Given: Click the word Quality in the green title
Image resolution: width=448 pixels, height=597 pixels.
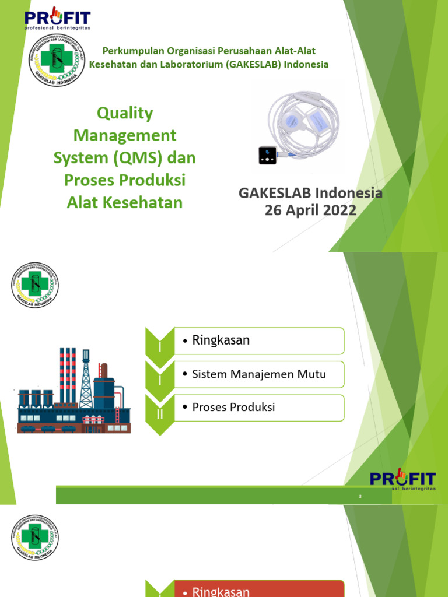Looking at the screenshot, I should pos(124,113).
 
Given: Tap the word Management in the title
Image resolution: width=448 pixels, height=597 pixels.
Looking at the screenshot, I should pos(124,135).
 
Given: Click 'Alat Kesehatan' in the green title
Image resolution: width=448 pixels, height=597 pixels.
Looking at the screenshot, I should pos(124,202).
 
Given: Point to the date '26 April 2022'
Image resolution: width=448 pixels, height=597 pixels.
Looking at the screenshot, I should pos(310,210).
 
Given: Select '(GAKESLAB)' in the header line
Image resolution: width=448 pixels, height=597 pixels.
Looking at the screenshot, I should pos(251,64).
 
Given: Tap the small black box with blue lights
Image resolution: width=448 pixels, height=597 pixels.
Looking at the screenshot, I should pos(268,156).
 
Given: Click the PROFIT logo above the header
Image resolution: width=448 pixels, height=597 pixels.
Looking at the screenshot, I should pos(57,17).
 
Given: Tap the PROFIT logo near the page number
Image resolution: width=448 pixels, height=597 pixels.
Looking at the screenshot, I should pos(402,481).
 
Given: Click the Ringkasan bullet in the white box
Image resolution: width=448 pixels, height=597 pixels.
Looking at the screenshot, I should pos(220,340).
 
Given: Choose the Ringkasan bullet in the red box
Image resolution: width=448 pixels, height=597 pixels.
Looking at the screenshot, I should pos(220,591).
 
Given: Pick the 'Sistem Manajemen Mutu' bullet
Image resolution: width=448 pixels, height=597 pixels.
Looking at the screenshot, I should pos(258,374).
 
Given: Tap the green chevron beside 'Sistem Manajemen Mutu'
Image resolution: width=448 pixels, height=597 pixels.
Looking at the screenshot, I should pos(159,376).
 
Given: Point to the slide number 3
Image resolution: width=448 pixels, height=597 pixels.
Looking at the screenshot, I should pos(360,496).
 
